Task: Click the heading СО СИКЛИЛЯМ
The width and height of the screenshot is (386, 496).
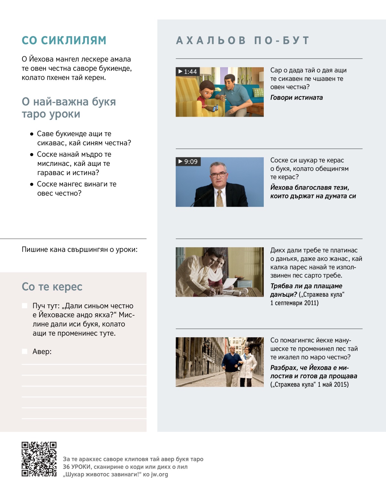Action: point(64,41)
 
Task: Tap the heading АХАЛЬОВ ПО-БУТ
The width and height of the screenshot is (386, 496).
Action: point(243,41)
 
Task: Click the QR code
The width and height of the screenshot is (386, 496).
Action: point(39,459)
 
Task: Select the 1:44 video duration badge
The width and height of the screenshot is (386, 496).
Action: point(188,71)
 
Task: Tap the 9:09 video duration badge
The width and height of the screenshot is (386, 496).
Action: point(188,161)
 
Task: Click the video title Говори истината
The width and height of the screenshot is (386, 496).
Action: point(296,97)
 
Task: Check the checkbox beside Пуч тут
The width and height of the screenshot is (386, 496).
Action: point(25,306)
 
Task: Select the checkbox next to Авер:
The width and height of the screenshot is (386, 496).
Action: point(25,351)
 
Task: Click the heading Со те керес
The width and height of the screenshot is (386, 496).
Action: point(52,286)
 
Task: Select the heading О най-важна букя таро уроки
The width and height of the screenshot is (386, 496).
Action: point(69,108)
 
